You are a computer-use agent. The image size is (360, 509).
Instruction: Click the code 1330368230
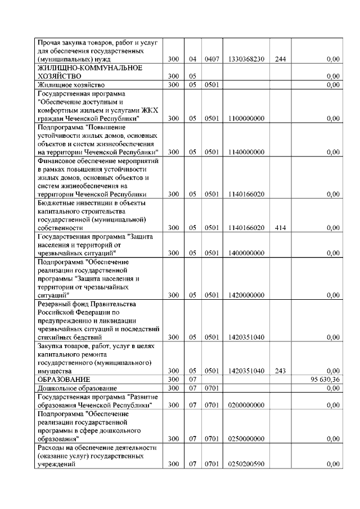246,58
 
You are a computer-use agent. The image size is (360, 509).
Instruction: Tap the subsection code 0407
211,58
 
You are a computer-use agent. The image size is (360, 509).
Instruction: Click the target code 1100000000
246,119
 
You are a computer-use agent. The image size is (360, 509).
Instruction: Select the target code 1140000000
246,152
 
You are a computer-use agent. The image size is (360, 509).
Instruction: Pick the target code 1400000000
246,253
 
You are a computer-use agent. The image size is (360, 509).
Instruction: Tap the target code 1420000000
246,295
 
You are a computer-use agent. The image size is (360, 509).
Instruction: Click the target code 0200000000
246,405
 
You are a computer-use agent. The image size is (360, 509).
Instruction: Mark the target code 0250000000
246,439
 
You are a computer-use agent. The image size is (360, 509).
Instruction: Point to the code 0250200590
246,464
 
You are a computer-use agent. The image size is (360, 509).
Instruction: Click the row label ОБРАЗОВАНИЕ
61,380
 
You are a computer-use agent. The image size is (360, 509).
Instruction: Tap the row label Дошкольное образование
76,389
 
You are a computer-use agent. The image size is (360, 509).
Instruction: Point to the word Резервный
54,304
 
